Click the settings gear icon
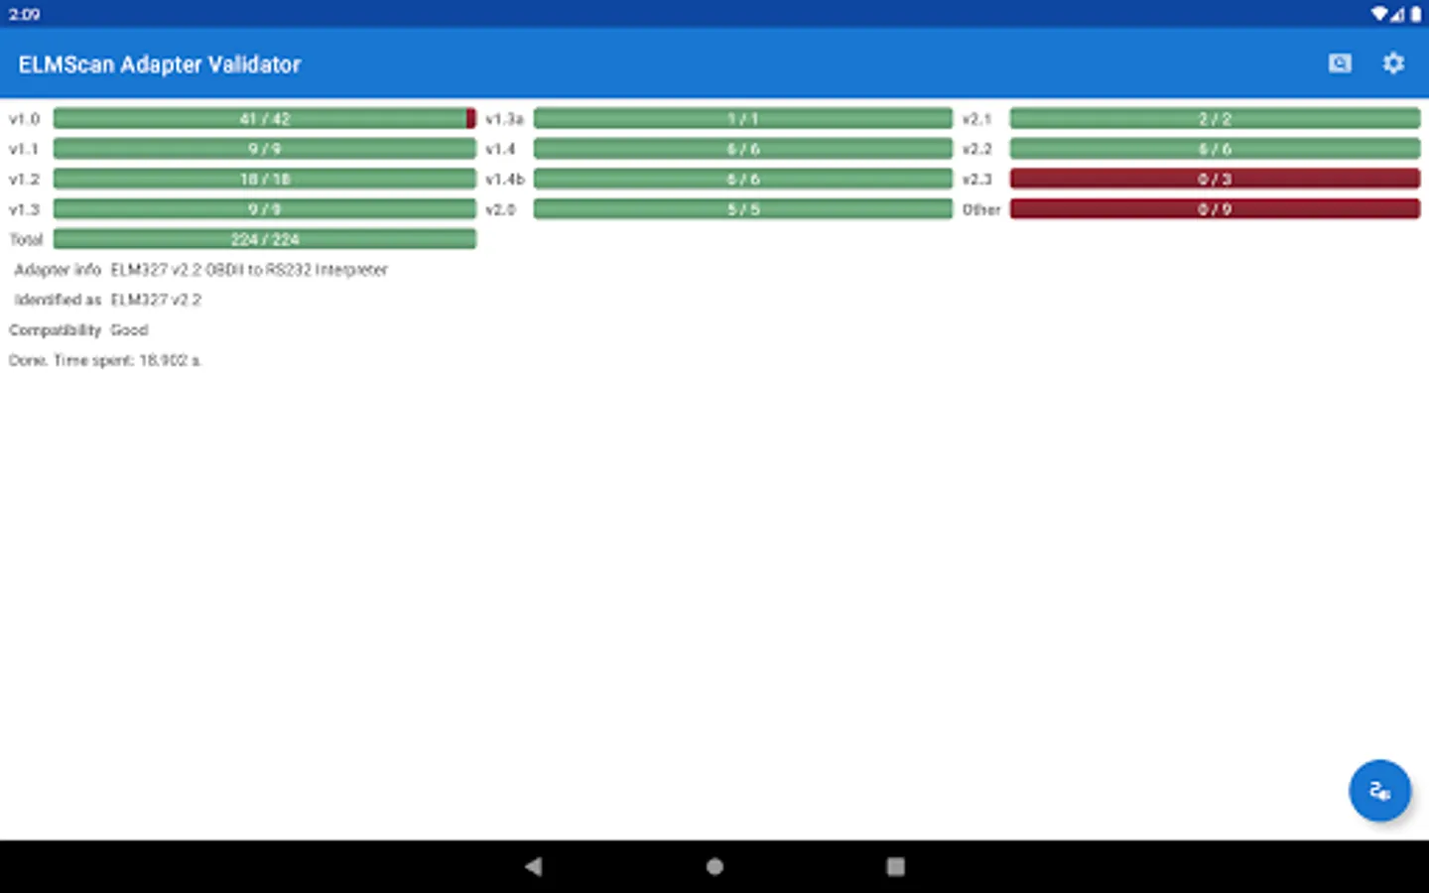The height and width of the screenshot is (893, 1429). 1393,64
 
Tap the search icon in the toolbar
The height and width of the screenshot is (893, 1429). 1340,64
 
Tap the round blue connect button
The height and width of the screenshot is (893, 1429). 1379,791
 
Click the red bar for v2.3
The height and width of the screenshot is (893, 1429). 1215,179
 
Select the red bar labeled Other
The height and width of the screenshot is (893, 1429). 1215,209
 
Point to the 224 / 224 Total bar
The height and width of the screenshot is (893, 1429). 265,239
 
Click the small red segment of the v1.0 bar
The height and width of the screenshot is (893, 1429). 471,119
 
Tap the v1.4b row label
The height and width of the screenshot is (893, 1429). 505,180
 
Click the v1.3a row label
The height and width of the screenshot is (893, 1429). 504,119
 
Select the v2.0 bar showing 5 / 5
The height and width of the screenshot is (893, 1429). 742,209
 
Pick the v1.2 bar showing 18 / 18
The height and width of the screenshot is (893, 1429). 265,179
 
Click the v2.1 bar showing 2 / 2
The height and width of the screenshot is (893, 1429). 1215,119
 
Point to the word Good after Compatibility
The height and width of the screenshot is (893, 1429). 129,330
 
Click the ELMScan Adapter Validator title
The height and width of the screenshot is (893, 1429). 159,64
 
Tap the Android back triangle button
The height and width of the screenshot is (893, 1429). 534,866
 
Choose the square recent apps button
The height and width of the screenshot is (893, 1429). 895,866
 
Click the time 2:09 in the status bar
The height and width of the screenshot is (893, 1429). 24,14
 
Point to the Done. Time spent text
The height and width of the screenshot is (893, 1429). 105,360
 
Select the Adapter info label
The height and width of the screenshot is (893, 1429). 58,270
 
